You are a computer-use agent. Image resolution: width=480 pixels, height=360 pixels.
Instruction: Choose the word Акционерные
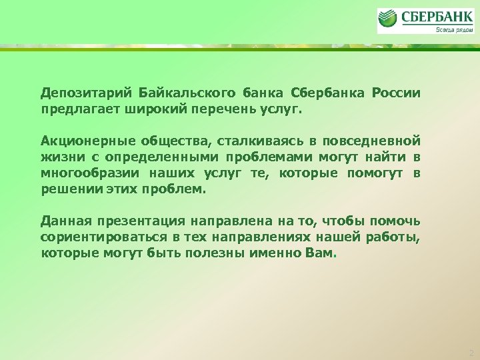[x=87, y=141]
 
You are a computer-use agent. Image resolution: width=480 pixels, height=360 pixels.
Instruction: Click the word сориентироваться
[x=101, y=237]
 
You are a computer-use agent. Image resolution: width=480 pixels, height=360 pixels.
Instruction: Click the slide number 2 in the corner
[x=471, y=351]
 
